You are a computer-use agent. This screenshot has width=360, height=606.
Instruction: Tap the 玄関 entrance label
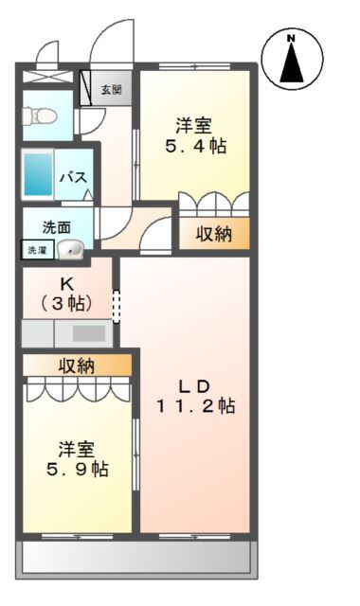tap(111, 90)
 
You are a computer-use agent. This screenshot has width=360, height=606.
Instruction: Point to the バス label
tap(75, 176)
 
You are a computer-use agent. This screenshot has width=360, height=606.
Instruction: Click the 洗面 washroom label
tap(56, 227)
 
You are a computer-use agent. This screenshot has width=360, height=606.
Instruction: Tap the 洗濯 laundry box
tap(35, 251)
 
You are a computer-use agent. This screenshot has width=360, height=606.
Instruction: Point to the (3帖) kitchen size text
tap(65, 303)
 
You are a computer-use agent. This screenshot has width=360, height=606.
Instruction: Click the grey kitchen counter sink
tap(89, 333)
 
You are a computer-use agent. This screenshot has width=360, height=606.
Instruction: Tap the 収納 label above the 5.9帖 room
tap(78, 365)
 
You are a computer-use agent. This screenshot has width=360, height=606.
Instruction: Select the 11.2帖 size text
tap(196, 406)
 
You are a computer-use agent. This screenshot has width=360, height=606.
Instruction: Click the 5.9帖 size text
tap(79, 469)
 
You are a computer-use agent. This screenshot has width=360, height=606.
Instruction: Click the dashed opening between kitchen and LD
tap(117, 307)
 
